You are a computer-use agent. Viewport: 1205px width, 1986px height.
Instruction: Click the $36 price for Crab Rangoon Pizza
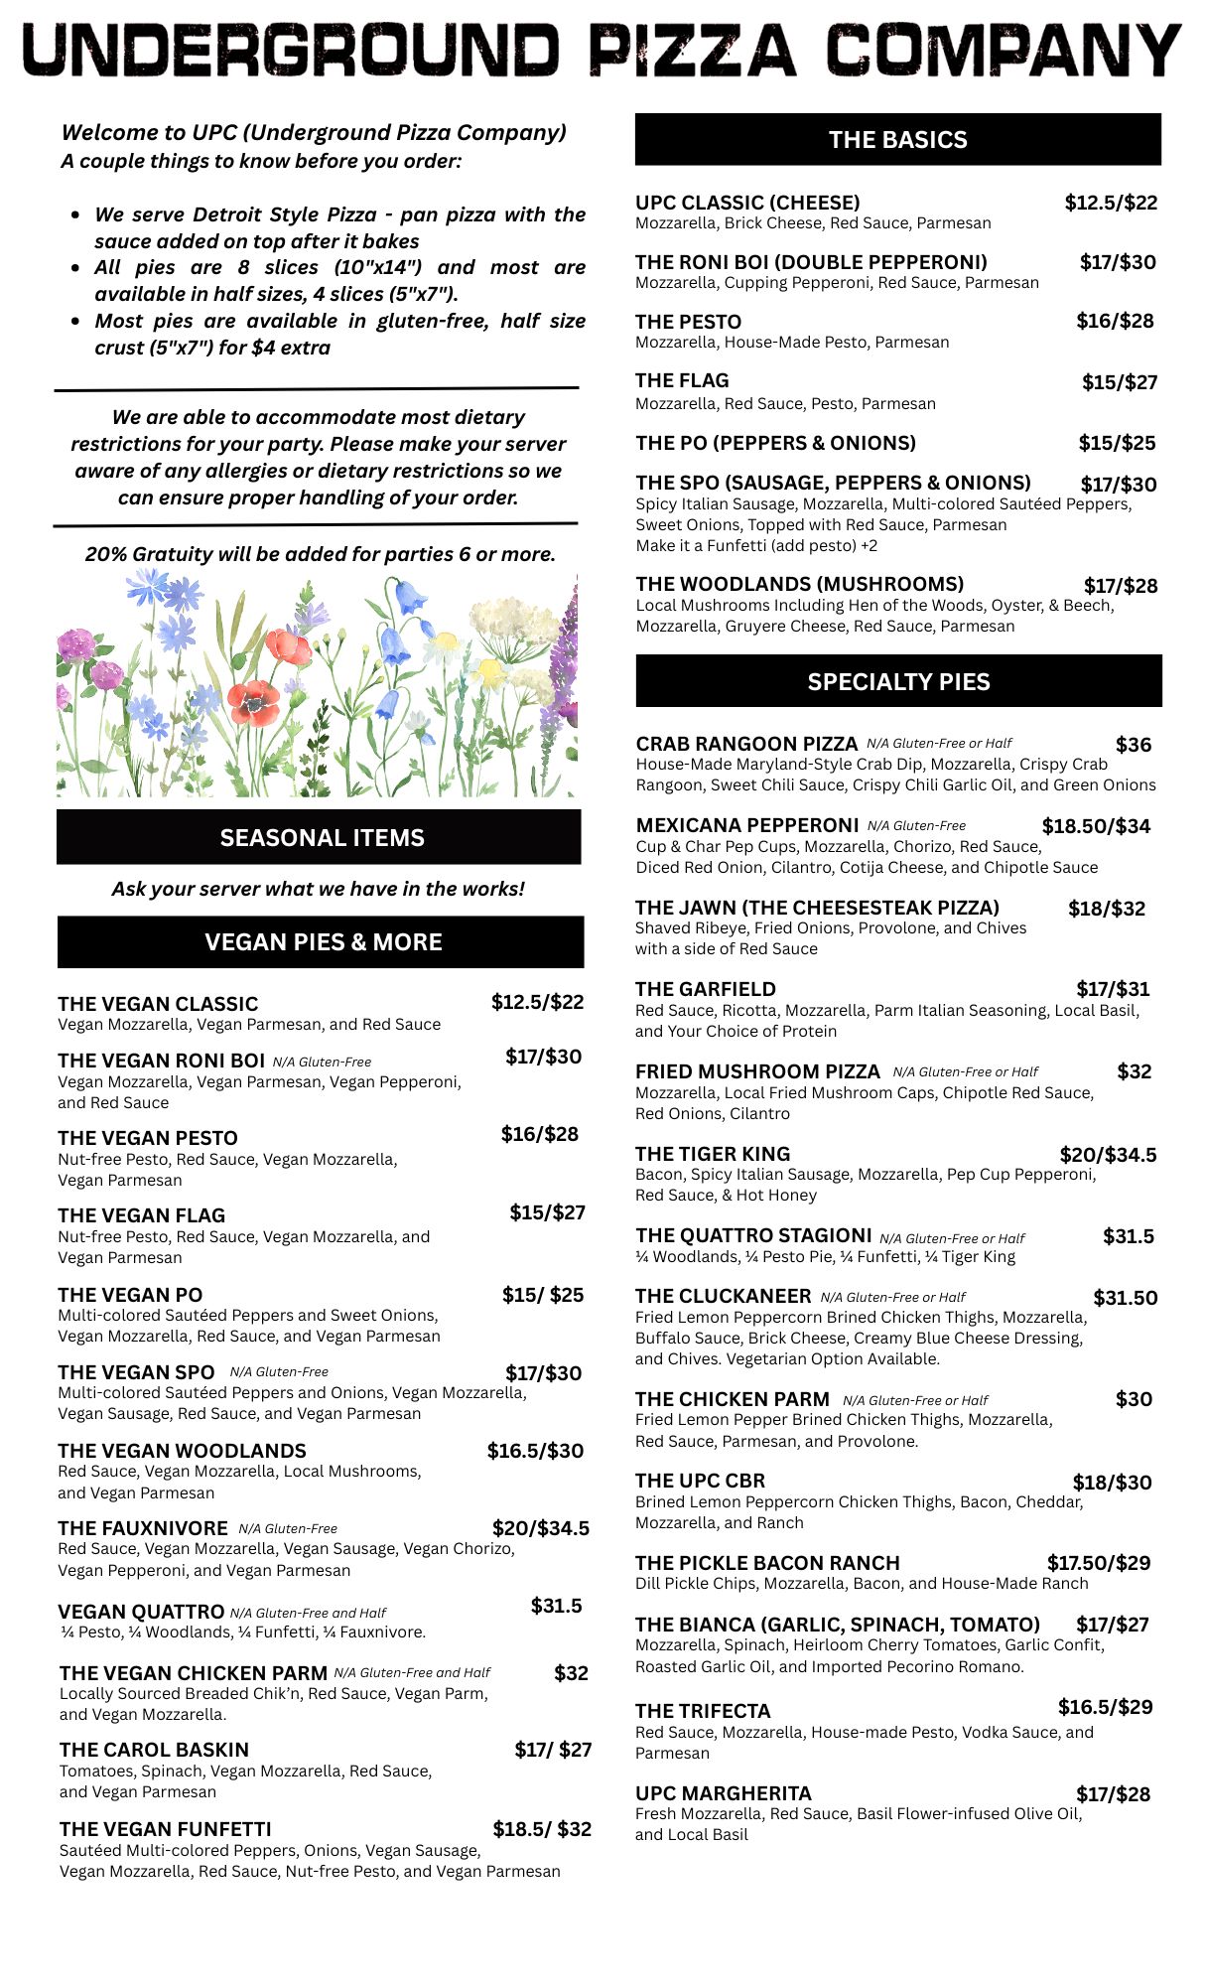coord(1133,745)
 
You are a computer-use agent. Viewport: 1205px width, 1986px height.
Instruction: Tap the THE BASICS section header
coord(897,140)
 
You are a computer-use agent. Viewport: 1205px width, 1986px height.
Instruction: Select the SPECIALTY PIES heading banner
coord(898,682)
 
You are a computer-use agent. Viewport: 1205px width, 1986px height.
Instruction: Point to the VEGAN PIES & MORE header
coord(322,942)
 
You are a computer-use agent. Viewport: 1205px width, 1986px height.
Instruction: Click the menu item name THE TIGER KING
coord(713,1154)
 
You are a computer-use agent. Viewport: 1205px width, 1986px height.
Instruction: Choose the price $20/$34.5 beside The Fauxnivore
coord(540,1528)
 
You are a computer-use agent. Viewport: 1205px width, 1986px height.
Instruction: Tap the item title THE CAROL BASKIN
coord(154,1750)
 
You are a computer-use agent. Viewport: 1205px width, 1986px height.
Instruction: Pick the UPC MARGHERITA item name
coord(723,1793)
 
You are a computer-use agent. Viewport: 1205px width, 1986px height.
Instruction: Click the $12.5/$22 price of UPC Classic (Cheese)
coord(1111,204)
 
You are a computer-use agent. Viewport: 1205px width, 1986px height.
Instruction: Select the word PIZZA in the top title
coord(694,50)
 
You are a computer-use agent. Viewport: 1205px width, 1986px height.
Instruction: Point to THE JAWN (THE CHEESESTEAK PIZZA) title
coord(817,908)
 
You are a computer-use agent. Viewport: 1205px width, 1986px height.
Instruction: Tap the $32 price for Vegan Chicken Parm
coord(571,1673)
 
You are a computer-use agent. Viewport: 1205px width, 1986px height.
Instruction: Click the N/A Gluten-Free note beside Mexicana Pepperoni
coord(916,826)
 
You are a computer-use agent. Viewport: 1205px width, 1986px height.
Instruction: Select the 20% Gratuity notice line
coord(320,554)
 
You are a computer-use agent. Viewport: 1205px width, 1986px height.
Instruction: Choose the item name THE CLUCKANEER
coord(723,1296)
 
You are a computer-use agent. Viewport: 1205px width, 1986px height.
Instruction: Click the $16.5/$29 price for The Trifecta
coord(1105,1707)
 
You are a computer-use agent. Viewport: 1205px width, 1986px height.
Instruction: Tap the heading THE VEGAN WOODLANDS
coord(182,1451)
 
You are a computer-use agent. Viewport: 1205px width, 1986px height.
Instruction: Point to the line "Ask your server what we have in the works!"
coord(318,889)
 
